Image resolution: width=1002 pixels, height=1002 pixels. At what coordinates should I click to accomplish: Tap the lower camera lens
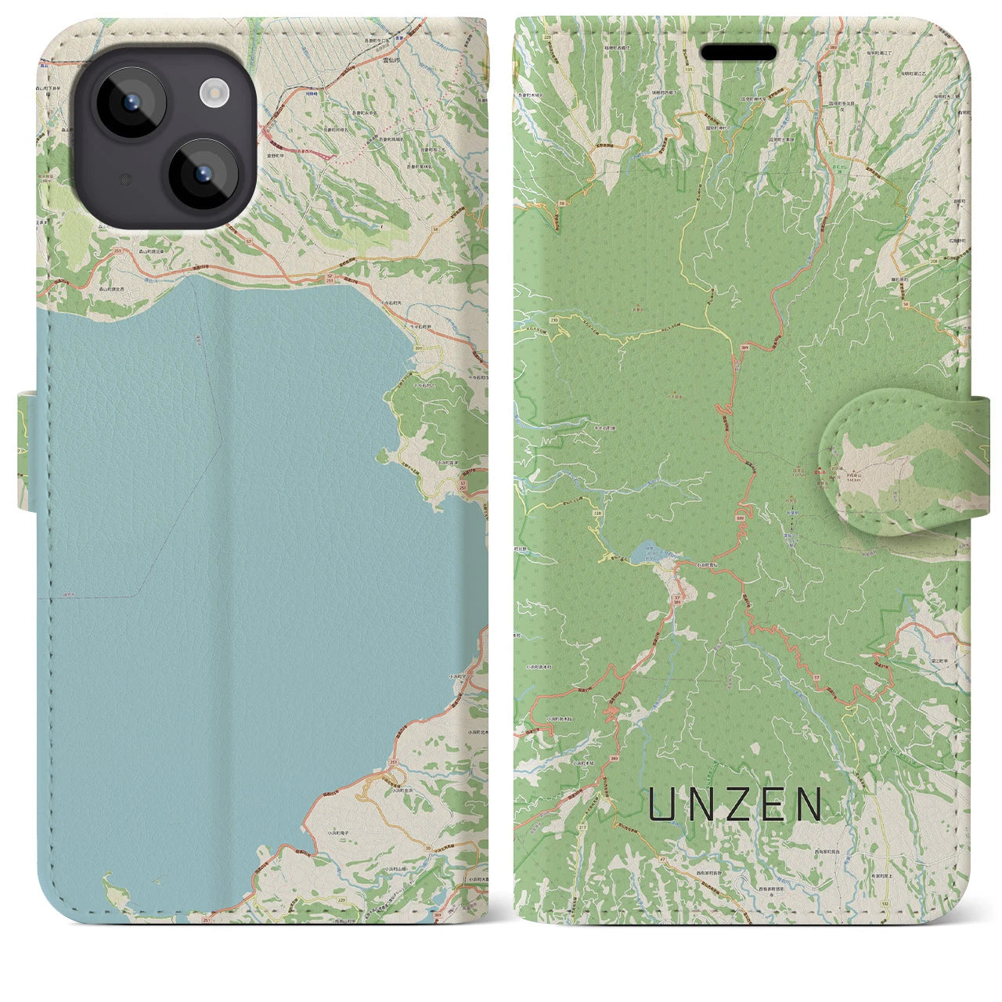[x=203, y=174]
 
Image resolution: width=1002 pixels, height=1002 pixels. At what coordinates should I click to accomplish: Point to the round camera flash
[x=213, y=94]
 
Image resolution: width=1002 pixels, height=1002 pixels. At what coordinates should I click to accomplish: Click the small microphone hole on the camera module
[x=123, y=179]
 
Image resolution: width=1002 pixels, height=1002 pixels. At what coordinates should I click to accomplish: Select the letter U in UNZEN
[x=661, y=804]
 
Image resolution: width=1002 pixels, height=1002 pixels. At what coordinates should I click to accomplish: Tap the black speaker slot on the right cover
[x=738, y=52]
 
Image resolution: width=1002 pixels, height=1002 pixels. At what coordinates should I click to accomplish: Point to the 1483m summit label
[x=856, y=481]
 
